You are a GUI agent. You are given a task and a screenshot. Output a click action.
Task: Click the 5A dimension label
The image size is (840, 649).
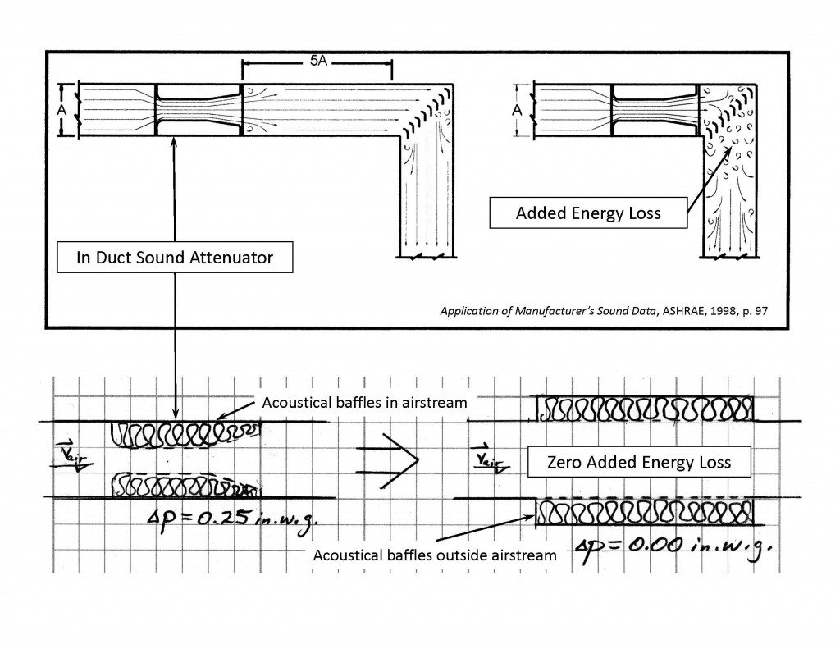tap(318, 61)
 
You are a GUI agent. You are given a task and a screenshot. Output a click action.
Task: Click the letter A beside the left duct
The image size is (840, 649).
tap(62, 111)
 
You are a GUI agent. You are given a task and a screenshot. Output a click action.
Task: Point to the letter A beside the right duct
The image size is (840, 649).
tap(517, 111)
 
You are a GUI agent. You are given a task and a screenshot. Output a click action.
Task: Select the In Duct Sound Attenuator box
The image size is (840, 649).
tap(175, 258)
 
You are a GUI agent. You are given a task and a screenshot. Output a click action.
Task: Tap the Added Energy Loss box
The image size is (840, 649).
tap(588, 213)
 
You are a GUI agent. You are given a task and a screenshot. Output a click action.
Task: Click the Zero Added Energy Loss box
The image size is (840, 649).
tap(639, 462)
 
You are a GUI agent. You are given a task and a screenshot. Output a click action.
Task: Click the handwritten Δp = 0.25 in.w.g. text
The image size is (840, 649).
tap(231, 519)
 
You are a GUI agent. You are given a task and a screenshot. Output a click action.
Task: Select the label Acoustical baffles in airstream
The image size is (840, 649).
tap(364, 403)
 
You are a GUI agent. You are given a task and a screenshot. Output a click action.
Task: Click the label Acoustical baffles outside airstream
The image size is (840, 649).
tap(435, 555)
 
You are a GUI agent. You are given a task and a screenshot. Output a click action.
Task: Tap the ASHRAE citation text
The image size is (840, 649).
tap(604, 311)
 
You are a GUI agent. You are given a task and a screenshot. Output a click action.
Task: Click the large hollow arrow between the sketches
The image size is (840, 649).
tap(387, 460)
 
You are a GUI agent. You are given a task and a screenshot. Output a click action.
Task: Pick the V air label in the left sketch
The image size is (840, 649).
tap(72, 457)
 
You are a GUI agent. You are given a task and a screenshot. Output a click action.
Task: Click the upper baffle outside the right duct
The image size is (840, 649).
tap(645, 409)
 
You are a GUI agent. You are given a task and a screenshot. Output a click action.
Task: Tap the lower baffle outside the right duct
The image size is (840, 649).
tap(645, 512)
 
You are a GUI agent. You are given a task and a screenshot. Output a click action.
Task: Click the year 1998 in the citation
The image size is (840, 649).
tap(724, 311)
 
